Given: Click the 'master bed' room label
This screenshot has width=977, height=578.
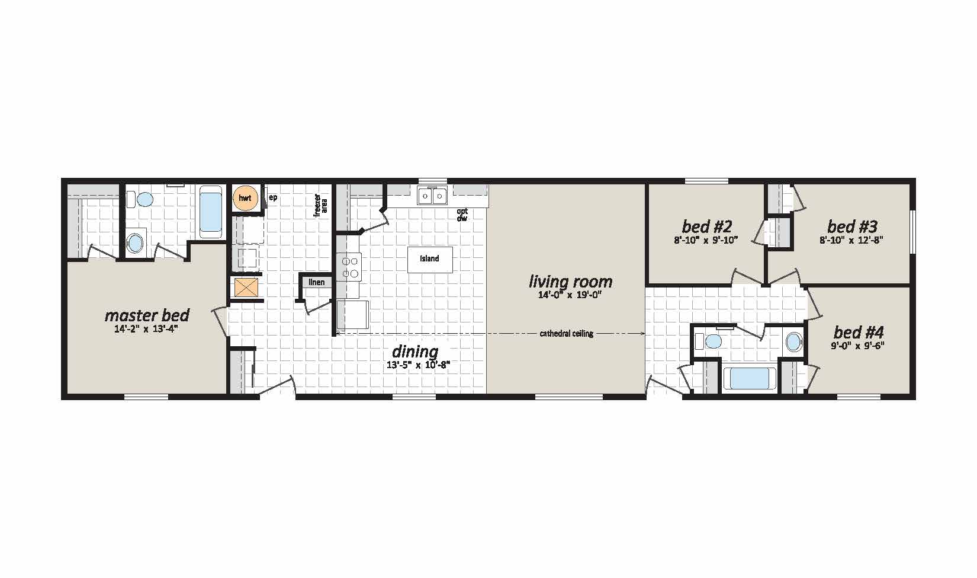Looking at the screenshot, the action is coord(147,315).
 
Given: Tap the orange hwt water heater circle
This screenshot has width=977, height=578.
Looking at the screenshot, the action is coord(245,198).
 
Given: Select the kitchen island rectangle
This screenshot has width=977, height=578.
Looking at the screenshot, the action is coord(430,259).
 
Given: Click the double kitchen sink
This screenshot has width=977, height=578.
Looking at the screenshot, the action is coord(432,196).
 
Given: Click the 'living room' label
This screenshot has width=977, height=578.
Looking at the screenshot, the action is coord(570,282).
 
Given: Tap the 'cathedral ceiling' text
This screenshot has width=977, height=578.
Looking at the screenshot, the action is coord(566,334).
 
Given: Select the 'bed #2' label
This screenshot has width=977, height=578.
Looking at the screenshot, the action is coord(706,226).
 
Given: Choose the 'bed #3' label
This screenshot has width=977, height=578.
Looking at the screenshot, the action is coord(852,226).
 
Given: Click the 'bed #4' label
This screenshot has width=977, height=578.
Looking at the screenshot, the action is coord(859,333).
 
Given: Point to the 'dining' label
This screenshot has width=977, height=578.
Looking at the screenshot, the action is coord(415,352).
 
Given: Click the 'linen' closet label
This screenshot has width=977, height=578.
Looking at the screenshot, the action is coord(317,282).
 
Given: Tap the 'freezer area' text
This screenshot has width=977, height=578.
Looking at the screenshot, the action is coord(320,205).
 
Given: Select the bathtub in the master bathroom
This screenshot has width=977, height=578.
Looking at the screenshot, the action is coord(211,212).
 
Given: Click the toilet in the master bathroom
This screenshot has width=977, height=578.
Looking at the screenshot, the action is coord(140,200).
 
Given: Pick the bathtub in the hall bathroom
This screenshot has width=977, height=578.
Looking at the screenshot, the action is coord(749,378).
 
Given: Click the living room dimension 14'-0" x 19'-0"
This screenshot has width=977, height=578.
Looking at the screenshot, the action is coord(570,295).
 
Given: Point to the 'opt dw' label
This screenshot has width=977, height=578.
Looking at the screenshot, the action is coord(462,215).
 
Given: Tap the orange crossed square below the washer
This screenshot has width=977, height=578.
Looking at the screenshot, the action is coord(247,288).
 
